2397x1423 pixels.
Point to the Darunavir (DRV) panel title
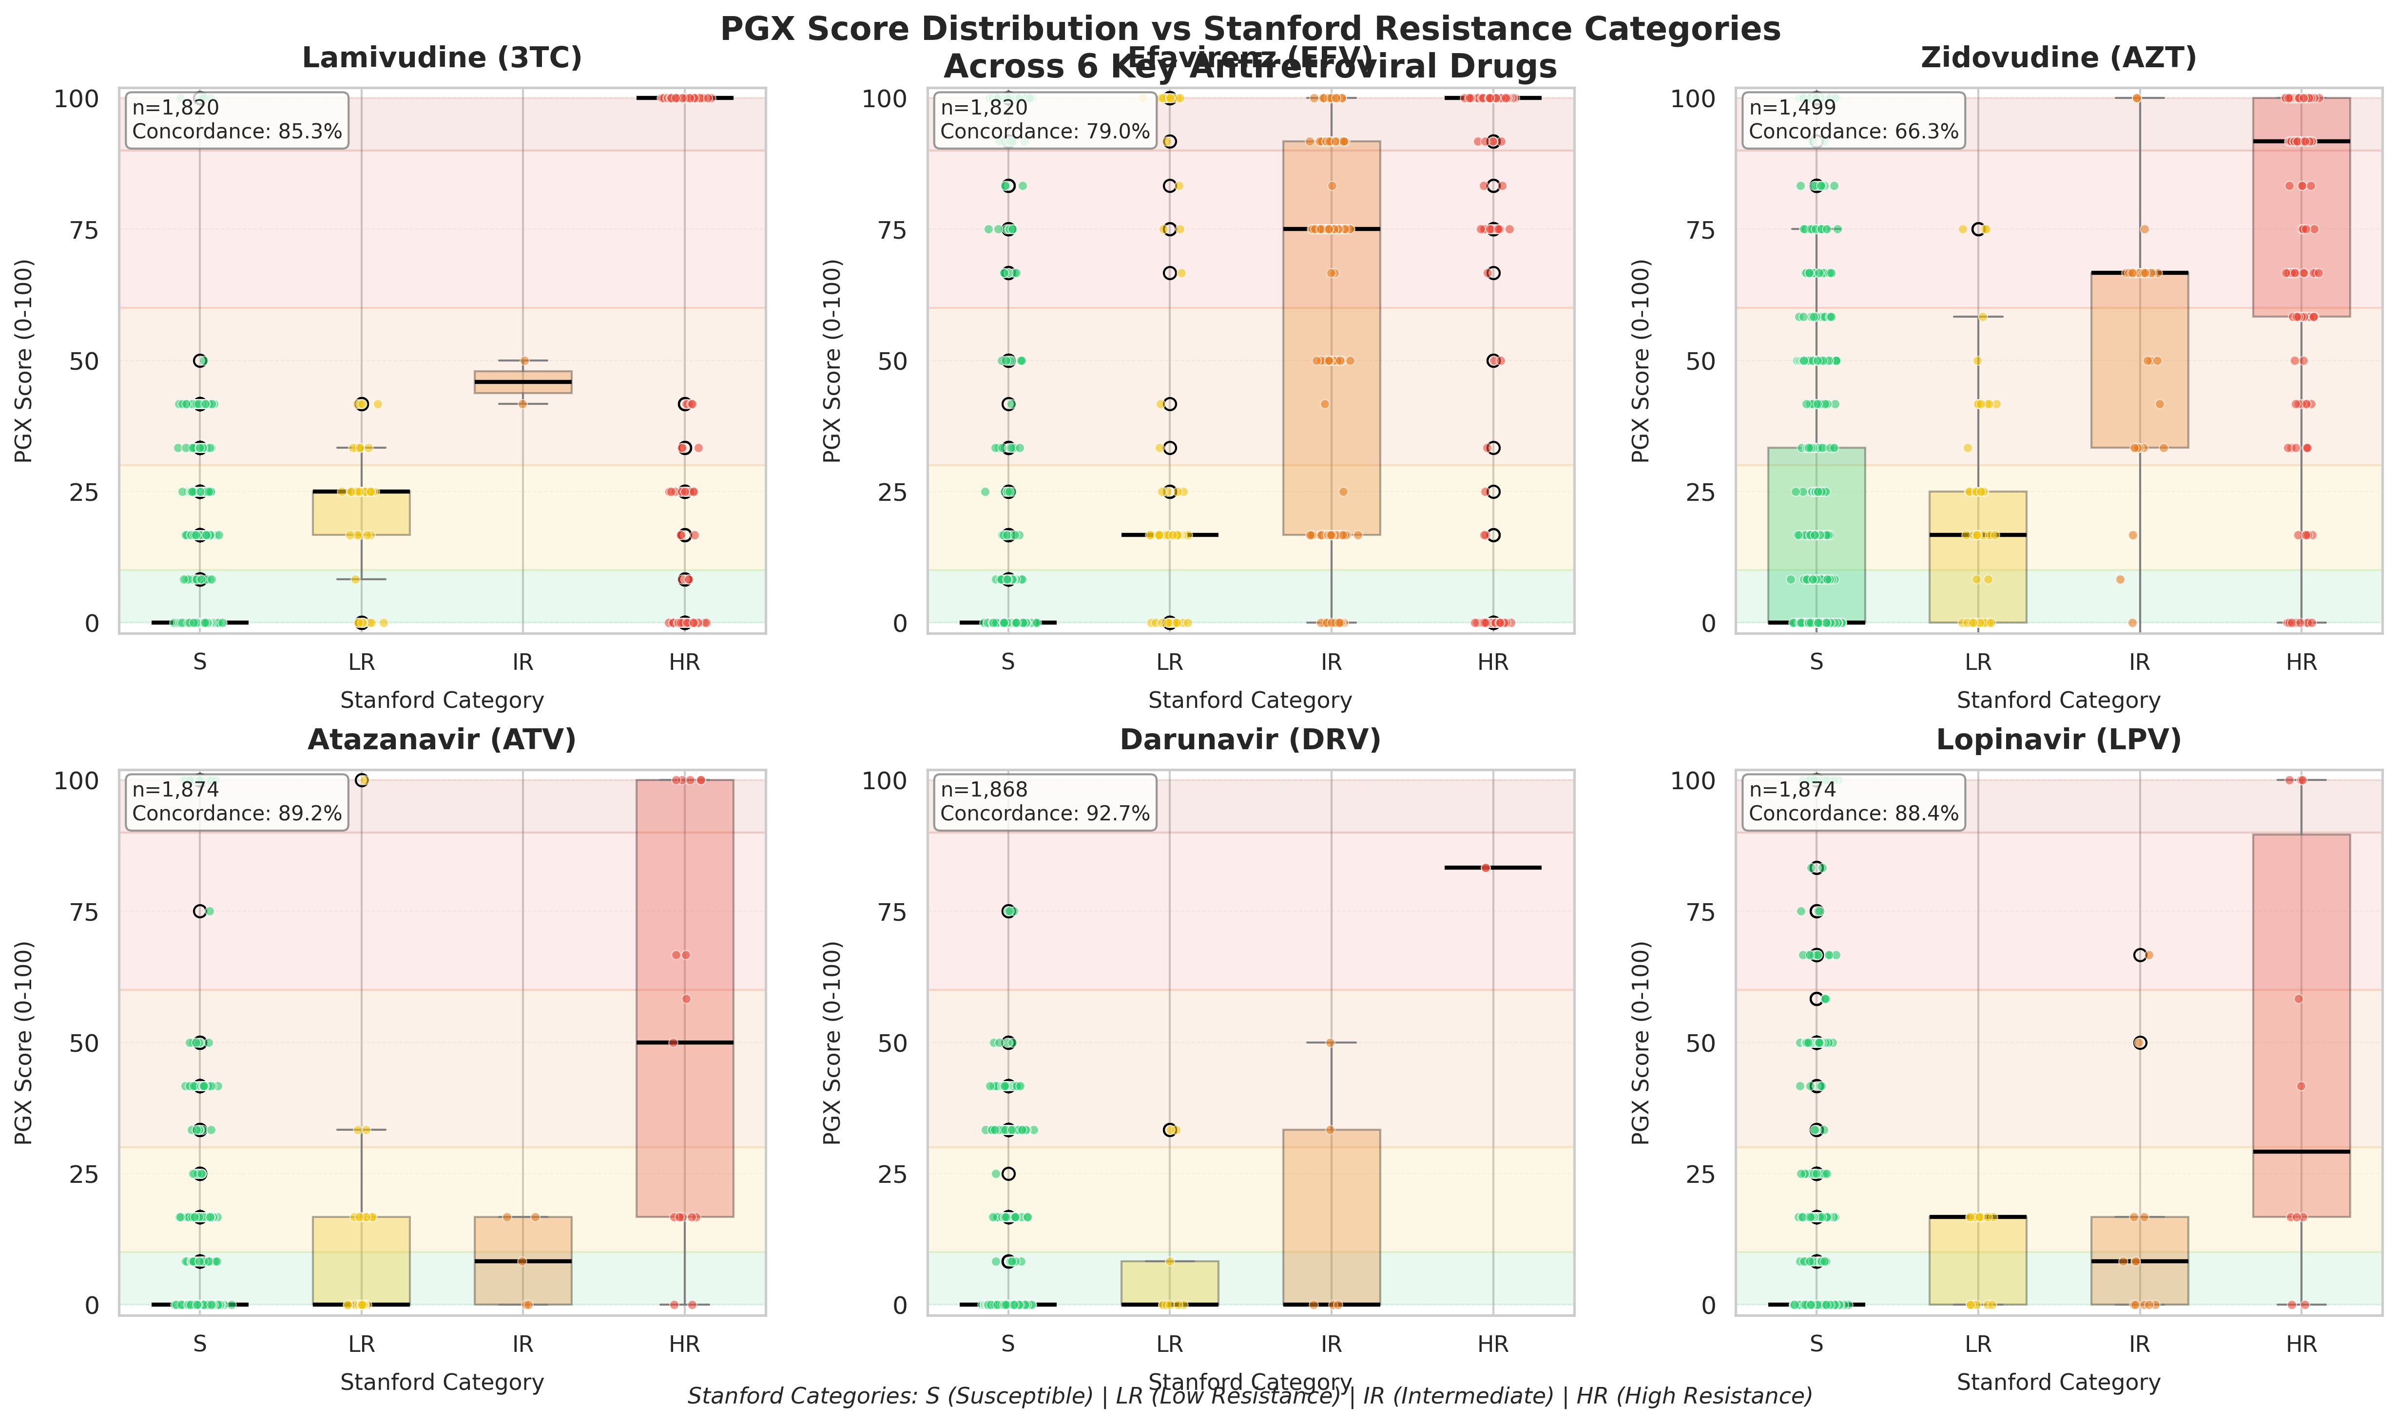1250,740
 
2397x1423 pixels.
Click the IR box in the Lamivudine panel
523,381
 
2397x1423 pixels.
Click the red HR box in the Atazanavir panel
685,997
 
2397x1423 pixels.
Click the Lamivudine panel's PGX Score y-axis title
24,360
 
